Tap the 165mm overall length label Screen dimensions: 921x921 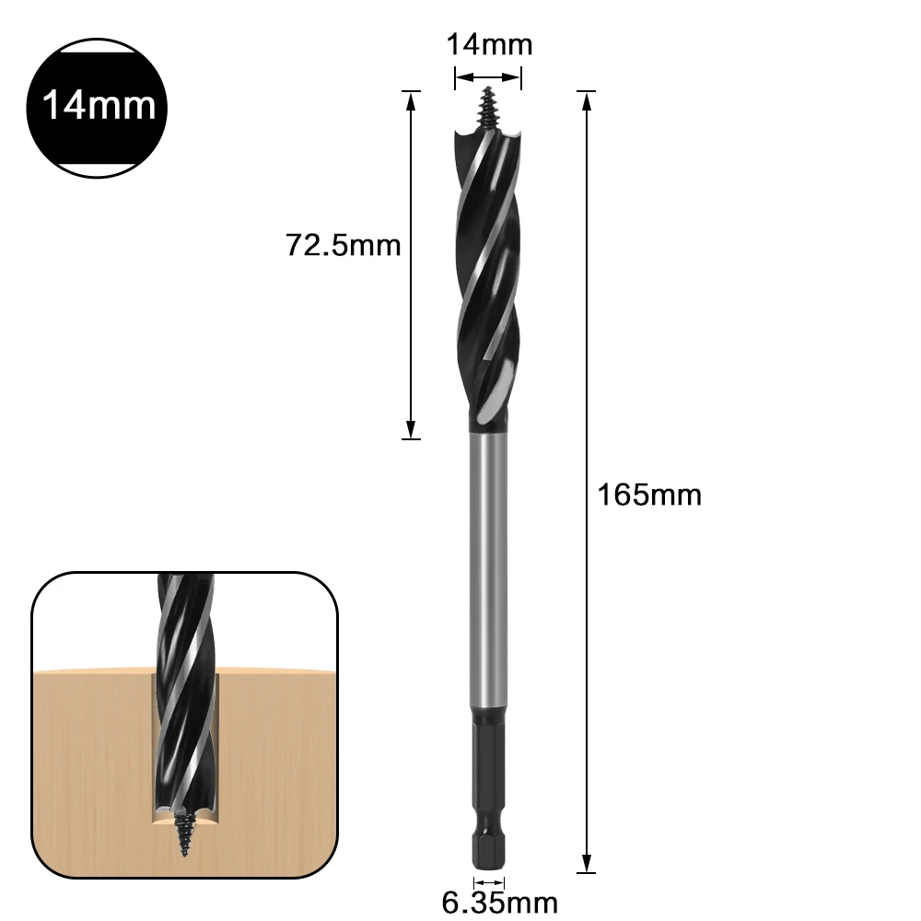649,495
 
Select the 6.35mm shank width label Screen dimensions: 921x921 499,901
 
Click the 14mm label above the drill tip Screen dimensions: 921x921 489,44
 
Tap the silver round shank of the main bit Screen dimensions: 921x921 487,571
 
